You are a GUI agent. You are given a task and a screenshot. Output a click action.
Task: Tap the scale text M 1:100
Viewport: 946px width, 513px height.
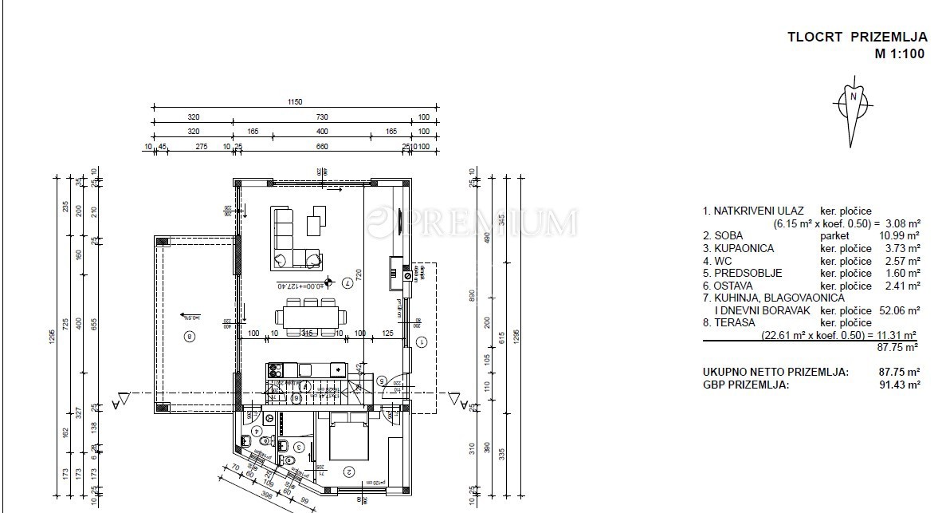[x=901, y=54]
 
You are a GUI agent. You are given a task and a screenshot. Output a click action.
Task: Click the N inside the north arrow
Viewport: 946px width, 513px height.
[x=854, y=97]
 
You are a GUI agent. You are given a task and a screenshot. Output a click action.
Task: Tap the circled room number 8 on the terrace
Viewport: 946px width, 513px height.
[x=189, y=335]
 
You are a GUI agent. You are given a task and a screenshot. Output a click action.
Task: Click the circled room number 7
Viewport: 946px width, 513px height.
[x=347, y=282]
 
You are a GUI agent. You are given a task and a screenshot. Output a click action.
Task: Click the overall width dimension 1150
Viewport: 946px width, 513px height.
[x=296, y=102]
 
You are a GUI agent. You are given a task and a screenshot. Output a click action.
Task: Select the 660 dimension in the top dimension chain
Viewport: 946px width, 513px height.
[x=323, y=146]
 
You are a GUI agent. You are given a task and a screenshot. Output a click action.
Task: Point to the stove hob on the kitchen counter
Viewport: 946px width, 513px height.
[x=276, y=369]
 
